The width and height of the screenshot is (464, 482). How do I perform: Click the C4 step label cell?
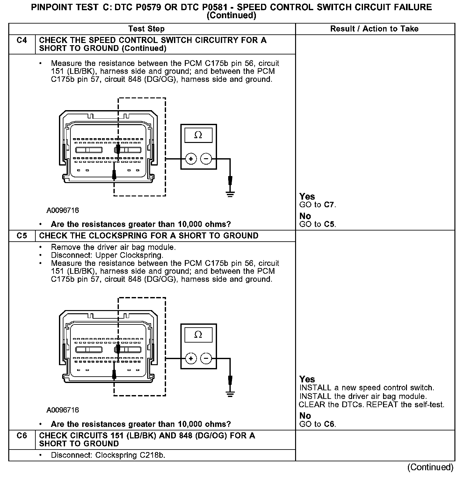(x=22, y=40)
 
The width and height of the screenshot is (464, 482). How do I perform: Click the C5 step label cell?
(x=22, y=236)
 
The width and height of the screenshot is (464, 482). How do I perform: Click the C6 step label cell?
(x=22, y=436)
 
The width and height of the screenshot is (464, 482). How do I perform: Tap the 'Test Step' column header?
(x=146, y=29)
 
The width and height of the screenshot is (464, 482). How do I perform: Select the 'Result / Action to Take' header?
(x=374, y=29)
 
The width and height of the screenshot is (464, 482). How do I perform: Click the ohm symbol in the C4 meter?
(x=198, y=135)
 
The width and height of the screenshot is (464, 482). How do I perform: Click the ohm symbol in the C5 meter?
(x=198, y=335)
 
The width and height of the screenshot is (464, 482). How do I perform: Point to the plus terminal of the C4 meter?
(x=191, y=159)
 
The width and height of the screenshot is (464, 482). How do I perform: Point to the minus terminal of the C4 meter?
(x=206, y=159)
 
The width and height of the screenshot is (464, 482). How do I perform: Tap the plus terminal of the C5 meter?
(x=191, y=359)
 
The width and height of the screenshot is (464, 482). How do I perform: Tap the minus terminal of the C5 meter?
(x=206, y=359)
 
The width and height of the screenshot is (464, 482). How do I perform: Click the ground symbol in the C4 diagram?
(x=230, y=193)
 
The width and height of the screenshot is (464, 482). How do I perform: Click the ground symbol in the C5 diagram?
(x=230, y=393)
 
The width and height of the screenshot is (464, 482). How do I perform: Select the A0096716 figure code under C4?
(x=63, y=210)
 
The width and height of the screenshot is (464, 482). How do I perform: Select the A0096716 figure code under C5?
(x=63, y=410)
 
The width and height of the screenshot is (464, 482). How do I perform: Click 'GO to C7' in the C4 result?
(x=318, y=205)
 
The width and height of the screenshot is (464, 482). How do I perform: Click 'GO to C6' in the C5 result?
(x=318, y=424)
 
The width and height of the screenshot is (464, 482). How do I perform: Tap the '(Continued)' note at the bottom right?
(x=430, y=467)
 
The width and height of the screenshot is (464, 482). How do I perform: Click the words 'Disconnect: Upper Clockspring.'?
(x=107, y=255)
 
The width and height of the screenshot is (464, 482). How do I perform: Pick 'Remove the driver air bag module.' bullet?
(x=113, y=247)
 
